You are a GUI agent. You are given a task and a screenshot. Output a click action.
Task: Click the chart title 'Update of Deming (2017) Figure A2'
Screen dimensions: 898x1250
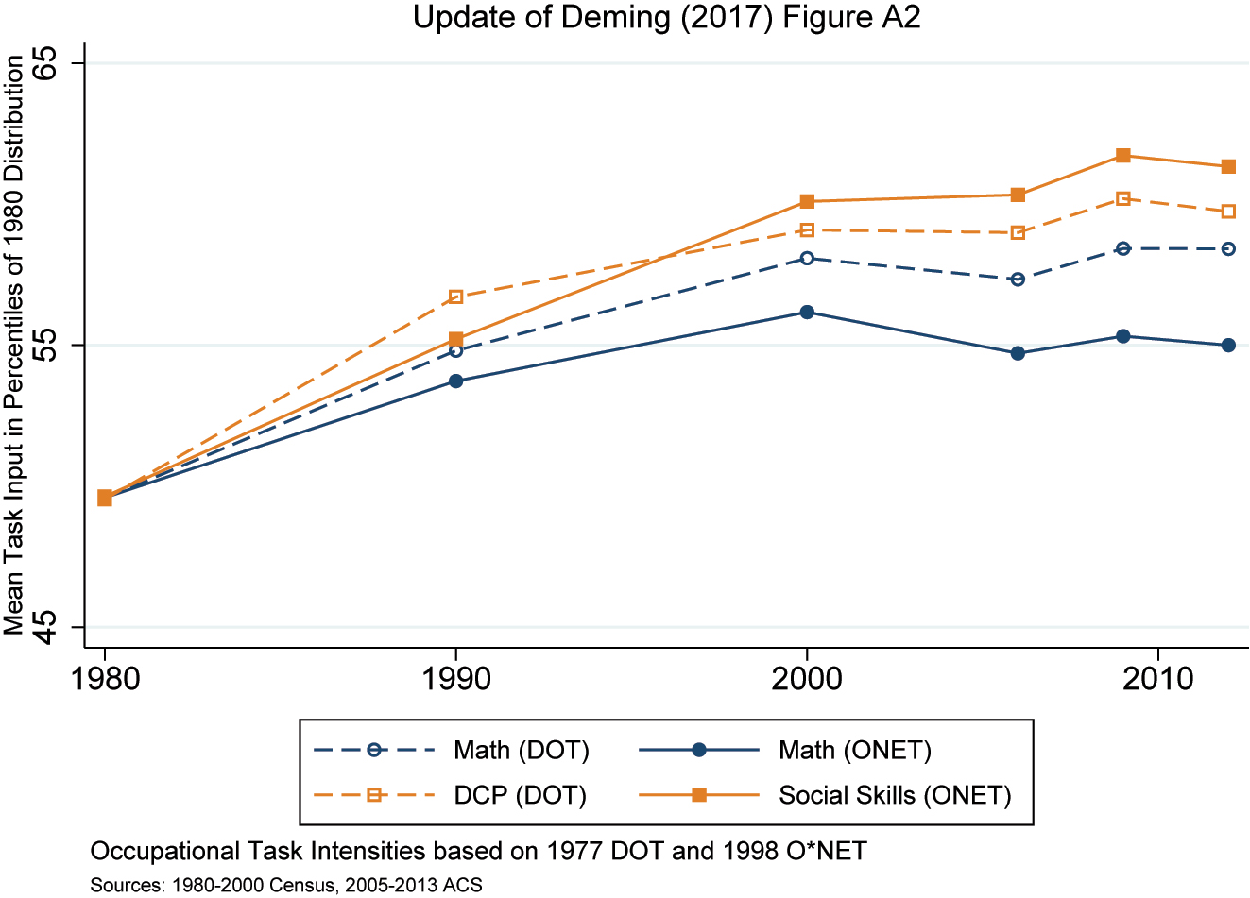[x=666, y=17]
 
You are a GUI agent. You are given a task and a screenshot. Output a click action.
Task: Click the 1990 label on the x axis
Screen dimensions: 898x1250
[x=456, y=679]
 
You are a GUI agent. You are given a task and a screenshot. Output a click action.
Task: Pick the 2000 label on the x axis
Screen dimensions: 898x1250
[x=807, y=679]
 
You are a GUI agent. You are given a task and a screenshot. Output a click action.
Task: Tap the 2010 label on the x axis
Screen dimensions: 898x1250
[x=1157, y=679]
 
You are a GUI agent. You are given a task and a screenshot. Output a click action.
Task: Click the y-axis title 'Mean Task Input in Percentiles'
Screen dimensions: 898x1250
[x=14, y=345]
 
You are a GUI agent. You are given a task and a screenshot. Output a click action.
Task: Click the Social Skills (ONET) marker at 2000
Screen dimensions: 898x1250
[x=807, y=201]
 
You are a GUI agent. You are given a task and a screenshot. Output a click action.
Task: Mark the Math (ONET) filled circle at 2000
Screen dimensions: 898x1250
[x=807, y=313]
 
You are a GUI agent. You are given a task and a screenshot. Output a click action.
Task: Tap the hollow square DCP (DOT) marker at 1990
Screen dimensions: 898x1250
[x=456, y=297]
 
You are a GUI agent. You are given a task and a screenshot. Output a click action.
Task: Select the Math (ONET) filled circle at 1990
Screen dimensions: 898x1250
[x=456, y=381]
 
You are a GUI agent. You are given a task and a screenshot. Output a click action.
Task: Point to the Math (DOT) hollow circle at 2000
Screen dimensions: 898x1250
[x=807, y=258]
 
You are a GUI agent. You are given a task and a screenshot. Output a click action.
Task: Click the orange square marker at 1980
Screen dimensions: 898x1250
[x=105, y=498]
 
